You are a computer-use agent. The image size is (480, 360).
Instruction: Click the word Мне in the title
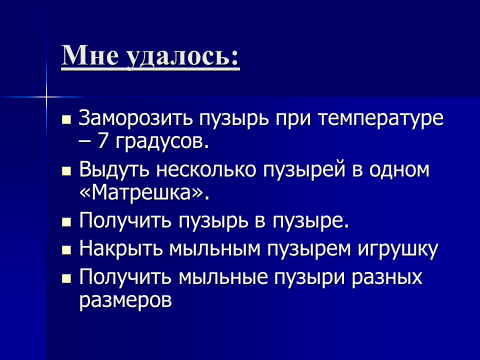[x=90, y=55]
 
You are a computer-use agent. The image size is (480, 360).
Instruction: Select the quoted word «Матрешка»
[x=144, y=193]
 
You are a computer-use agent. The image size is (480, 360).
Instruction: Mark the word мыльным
[x=214, y=248]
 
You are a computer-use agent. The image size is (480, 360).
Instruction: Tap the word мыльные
[x=223, y=277]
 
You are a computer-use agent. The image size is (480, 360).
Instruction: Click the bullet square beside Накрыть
[x=66, y=250]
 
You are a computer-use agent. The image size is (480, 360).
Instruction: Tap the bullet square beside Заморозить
[x=66, y=120]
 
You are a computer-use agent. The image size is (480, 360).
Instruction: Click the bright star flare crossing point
[x=46, y=97]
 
